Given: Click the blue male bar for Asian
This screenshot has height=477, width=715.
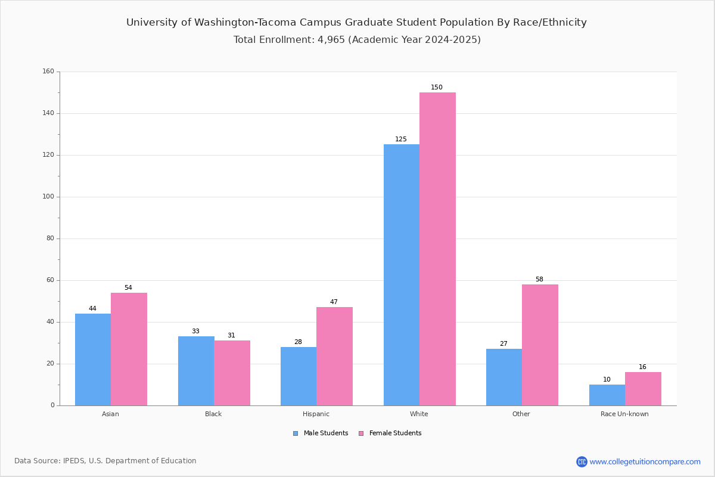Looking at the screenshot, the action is [x=93, y=360].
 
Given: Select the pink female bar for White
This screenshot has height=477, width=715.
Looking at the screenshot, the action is [x=437, y=249].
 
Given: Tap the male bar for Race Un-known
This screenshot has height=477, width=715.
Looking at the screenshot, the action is [x=607, y=395].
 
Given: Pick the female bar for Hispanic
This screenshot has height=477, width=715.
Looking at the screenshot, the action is [x=334, y=356].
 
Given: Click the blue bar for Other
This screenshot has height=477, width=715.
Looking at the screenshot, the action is [x=504, y=377].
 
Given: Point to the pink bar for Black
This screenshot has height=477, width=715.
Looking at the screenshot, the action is [x=232, y=373].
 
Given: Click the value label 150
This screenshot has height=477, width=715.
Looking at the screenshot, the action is [x=436, y=87].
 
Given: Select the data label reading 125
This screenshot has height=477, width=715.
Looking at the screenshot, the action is [x=400, y=139].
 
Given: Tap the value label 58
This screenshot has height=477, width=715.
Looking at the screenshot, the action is [x=539, y=279].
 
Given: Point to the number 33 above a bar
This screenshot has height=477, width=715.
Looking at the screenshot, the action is [x=195, y=331].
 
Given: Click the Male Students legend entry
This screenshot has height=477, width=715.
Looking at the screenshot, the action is [x=321, y=433].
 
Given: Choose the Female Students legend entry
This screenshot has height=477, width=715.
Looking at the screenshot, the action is [x=390, y=433].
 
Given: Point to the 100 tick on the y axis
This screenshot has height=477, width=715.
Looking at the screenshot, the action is [x=48, y=197].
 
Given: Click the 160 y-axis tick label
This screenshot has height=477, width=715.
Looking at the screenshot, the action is [x=48, y=71].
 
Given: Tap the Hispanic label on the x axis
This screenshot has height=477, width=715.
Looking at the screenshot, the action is [x=316, y=414].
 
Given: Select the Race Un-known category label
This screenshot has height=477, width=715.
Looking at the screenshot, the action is [x=624, y=414].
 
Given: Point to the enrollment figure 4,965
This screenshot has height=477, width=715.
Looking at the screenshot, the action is [x=331, y=39].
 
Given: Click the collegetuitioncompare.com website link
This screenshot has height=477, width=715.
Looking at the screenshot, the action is [x=645, y=461].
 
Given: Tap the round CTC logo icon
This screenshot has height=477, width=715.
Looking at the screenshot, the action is [x=582, y=461].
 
